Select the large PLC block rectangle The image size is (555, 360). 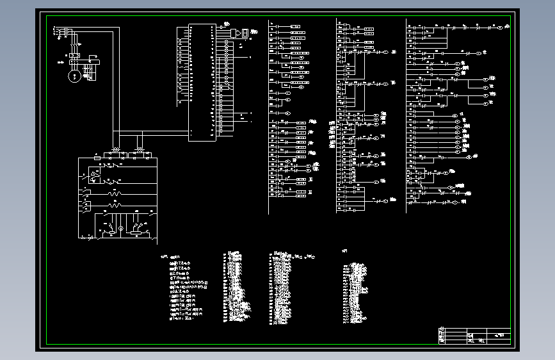tap(202, 82)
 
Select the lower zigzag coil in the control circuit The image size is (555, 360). tap(115, 206)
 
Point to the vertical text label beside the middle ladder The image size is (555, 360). tap(332, 135)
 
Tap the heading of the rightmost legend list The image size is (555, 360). tap(345, 251)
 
